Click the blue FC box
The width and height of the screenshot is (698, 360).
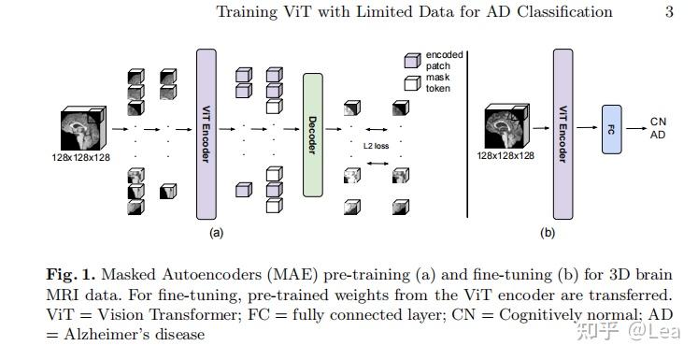click(x=611, y=129)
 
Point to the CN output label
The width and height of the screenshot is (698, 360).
click(x=659, y=122)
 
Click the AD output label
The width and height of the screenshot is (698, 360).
click(x=659, y=136)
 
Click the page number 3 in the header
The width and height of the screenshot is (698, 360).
click(x=669, y=12)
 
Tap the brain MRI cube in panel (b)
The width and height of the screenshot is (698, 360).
click(x=508, y=127)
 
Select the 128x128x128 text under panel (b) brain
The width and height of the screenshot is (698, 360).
click(x=506, y=155)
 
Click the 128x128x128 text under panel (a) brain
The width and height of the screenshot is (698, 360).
click(x=80, y=157)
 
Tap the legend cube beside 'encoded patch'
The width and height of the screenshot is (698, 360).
click(x=410, y=61)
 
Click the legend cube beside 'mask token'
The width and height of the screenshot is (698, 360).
click(x=410, y=84)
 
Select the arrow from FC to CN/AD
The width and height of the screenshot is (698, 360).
click(x=636, y=129)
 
